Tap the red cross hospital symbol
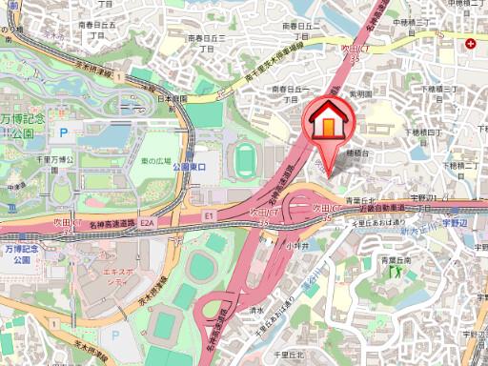[470, 44]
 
